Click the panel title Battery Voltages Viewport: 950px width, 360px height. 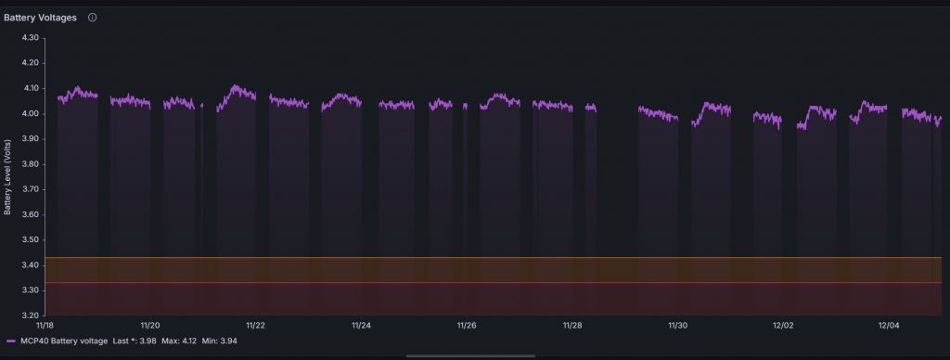pos(40,18)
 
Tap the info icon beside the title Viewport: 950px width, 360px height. pos(92,18)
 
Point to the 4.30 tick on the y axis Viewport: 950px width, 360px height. pos(29,38)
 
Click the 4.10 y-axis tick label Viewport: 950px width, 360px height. pos(29,88)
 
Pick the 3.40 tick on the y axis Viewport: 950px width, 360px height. pos(29,265)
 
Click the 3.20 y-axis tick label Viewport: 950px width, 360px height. pos(29,315)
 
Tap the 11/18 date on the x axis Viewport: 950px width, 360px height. pos(45,326)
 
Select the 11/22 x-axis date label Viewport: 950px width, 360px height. pos(256,326)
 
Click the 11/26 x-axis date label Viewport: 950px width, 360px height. pos(467,326)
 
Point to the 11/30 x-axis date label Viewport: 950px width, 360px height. pos(678,326)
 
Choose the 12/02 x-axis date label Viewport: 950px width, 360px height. pos(784,326)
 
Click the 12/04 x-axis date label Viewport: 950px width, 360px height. pos(890,326)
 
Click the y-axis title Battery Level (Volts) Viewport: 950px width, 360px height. pos(8,177)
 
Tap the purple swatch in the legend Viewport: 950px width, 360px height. pos(10,342)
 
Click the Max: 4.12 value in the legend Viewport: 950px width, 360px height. pos(174,342)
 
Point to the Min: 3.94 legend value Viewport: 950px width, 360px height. pos(220,342)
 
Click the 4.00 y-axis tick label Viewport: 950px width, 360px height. pos(29,114)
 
